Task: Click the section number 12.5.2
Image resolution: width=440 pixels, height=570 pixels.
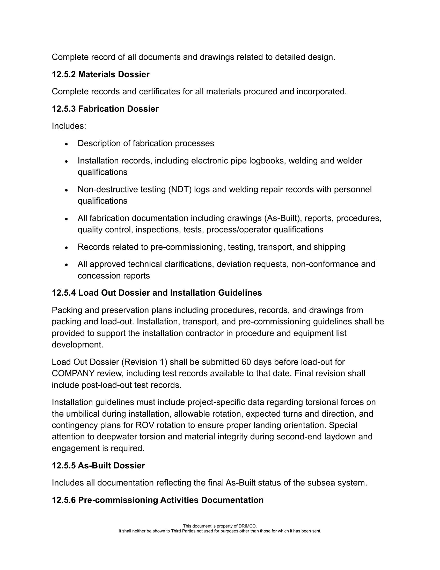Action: (x=64, y=74)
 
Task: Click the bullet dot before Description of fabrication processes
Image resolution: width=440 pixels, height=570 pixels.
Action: (x=67, y=144)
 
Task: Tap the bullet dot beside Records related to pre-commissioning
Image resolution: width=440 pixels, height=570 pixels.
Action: (x=67, y=247)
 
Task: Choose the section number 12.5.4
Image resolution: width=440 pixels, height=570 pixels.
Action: (x=64, y=293)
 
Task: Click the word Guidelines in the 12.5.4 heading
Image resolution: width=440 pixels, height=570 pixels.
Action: (x=240, y=293)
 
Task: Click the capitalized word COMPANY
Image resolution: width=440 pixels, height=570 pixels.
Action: (x=73, y=373)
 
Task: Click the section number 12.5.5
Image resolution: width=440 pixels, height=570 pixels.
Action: (x=64, y=466)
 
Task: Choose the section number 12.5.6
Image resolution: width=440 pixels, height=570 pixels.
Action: (x=64, y=500)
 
